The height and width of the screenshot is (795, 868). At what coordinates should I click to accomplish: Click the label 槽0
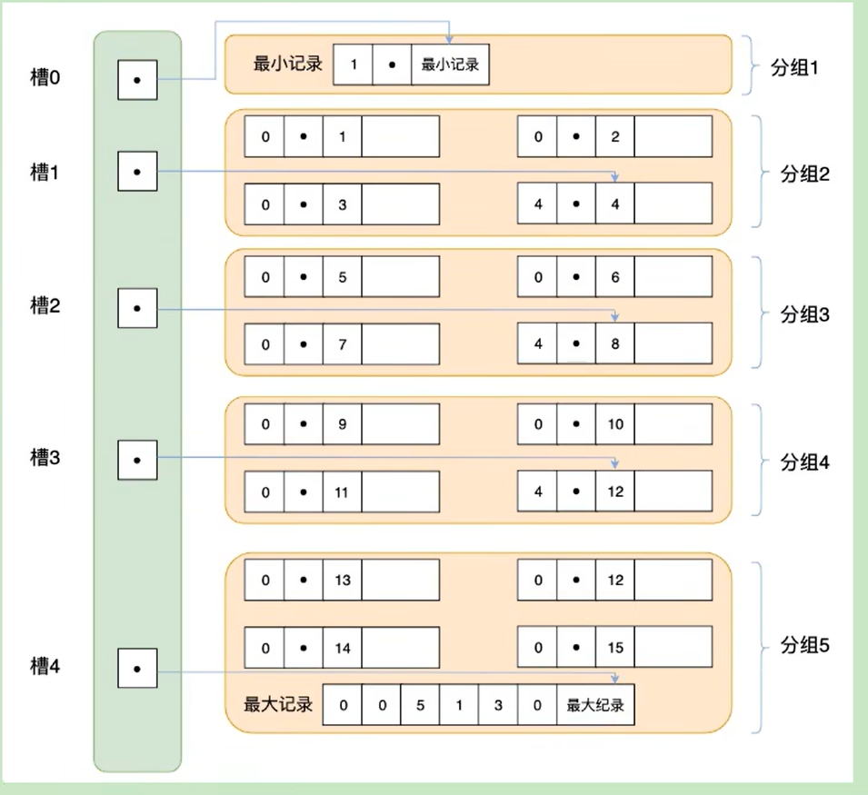(45, 77)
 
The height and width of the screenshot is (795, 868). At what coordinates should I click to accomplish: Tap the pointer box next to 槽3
(137, 460)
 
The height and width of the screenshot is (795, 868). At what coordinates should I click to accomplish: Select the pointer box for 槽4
(137, 669)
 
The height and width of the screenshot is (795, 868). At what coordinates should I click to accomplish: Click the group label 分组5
(805, 645)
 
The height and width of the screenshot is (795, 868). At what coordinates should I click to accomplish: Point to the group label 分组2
(805, 174)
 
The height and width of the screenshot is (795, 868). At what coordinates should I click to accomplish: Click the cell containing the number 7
(342, 344)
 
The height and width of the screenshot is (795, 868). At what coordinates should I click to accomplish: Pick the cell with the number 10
(615, 424)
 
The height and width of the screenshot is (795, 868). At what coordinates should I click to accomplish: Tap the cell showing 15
(615, 647)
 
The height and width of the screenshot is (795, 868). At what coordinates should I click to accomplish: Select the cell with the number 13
(342, 580)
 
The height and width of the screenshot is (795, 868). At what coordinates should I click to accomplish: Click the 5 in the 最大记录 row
(420, 705)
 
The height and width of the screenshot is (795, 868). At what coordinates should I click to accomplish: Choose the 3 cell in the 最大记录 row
(498, 705)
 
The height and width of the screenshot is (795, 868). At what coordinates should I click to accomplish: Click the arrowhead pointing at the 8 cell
(614, 318)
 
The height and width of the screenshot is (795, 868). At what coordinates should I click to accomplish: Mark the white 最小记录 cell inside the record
(450, 65)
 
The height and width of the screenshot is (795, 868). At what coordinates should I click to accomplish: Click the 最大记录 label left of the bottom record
(278, 704)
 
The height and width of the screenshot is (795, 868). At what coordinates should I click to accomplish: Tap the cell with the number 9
(342, 424)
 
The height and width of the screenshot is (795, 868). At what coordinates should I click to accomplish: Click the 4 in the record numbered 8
(537, 344)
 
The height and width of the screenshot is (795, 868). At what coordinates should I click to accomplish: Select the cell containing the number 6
(615, 276)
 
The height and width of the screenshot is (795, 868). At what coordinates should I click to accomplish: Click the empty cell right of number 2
(673, 136)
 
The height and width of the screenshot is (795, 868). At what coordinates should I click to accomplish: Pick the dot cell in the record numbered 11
(304, 492)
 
